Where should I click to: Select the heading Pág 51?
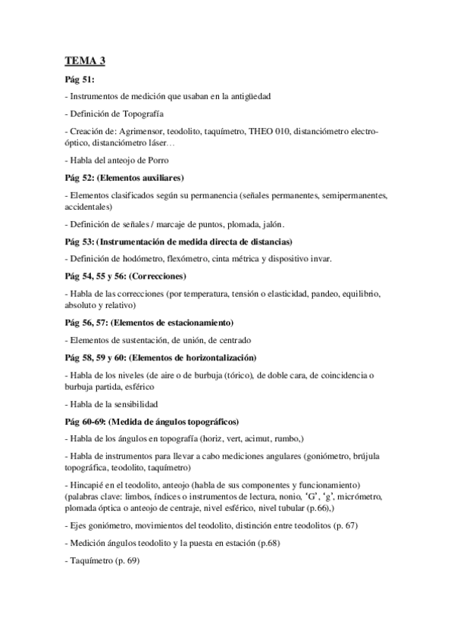coord(80,79)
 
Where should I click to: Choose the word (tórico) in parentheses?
coord(221,376)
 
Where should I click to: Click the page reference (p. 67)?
coord(365,525)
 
